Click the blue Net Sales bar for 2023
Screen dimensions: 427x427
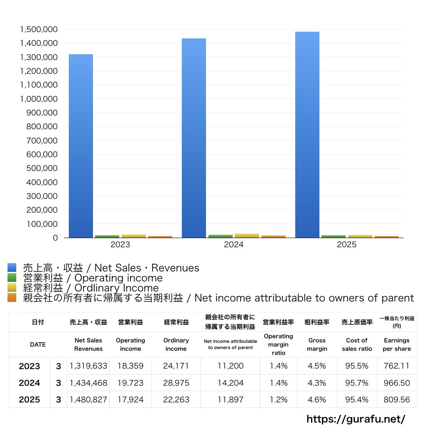pos(81,146)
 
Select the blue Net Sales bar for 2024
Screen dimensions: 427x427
pos(194,138)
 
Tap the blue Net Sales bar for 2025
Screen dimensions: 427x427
pos(307,135)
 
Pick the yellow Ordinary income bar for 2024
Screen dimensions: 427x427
pos(247,236)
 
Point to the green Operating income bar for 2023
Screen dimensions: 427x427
pos(107,236)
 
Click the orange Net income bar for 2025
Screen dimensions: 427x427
pos(387,237)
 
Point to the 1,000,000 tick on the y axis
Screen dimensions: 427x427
pos(39,99)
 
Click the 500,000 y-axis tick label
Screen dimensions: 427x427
pos(42,168)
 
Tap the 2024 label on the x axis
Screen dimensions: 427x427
pos(234,244)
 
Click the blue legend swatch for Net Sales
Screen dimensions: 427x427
pos(12,267)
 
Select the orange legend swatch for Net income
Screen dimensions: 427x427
pos(12,298)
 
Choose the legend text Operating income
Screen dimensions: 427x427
pos(118,278)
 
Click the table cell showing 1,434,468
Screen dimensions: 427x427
pos(88,383)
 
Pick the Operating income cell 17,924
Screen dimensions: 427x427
pos(131,399)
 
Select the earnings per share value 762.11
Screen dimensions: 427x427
pos(397,366)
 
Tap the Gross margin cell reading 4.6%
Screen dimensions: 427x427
pos(317,399)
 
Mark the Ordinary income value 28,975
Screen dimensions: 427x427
pos(176,383)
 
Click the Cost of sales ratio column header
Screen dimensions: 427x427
pos(357,344)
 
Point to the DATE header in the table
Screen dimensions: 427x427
pos(38,344)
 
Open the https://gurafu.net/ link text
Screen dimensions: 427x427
pos(356,419)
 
